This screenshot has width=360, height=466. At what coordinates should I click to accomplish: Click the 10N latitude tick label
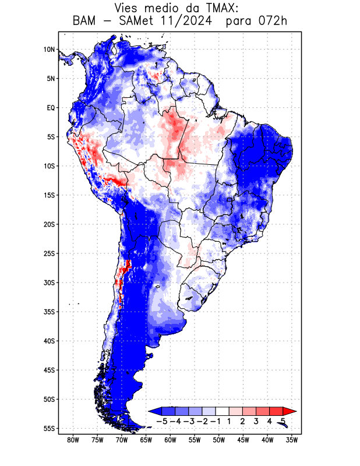coord(49,50)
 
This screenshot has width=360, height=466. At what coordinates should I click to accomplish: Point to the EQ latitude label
coord(51,108)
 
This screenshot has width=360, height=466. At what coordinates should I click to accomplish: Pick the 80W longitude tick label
coord(73,440)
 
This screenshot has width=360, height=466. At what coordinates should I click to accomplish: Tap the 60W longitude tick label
coord(171,440)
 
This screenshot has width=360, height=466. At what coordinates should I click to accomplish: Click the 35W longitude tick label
coord(292,440)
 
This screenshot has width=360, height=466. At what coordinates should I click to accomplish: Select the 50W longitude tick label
coord(219,440)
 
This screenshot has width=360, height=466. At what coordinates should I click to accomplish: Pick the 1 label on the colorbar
coord(230,421)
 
